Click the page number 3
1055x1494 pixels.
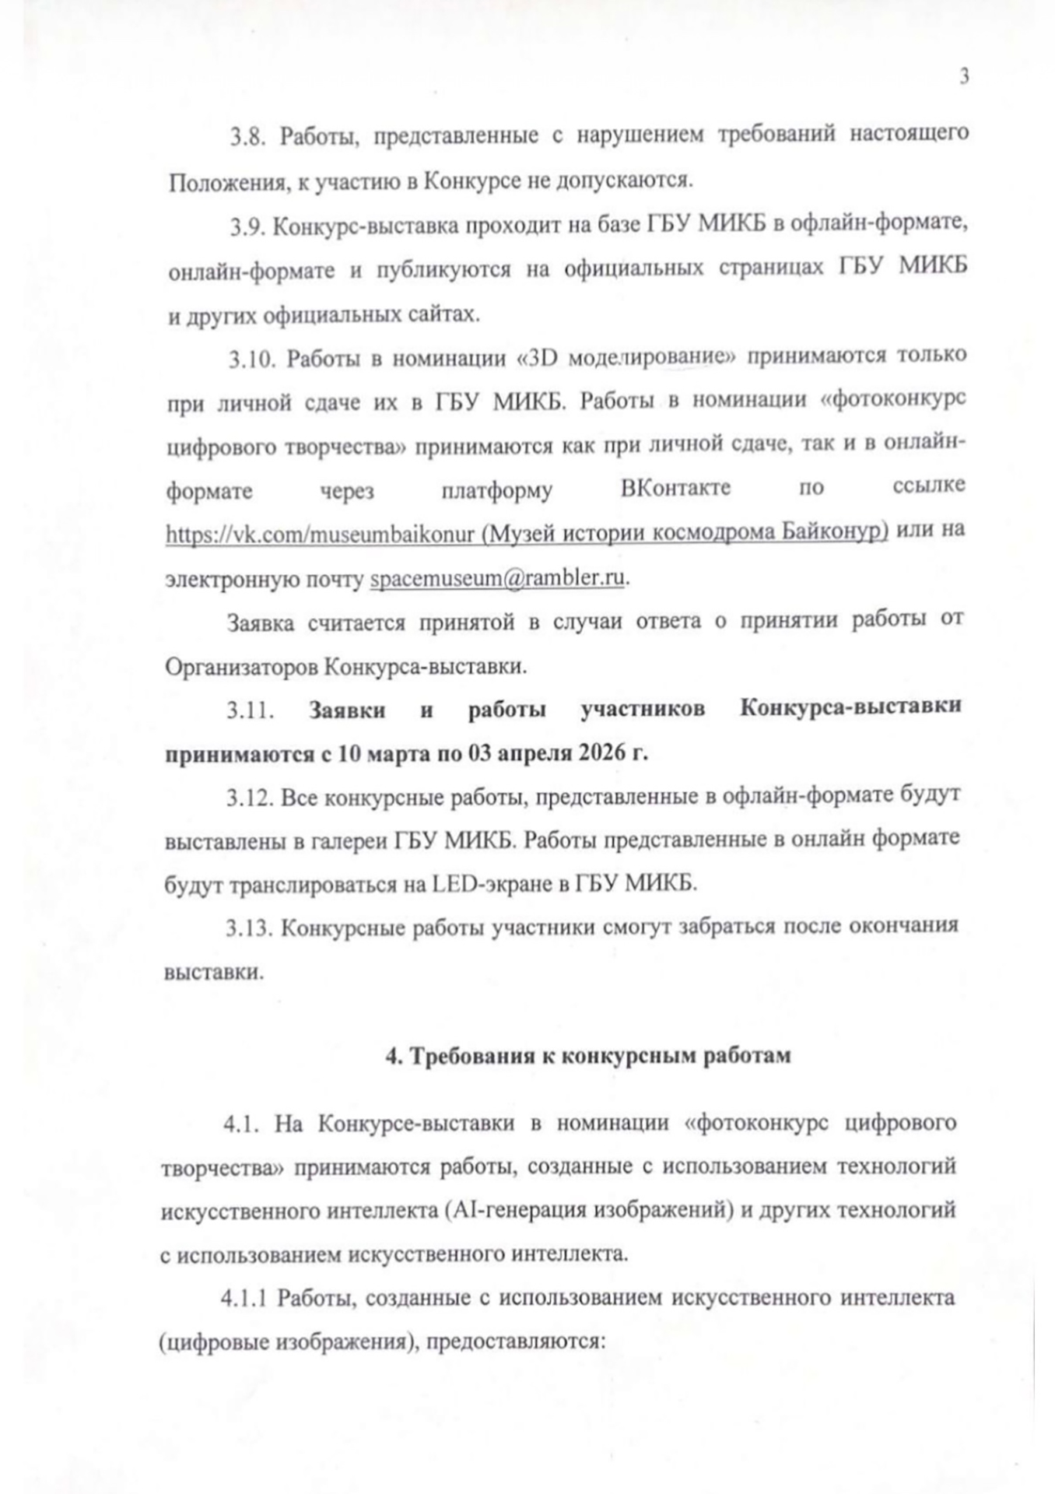coord(964,77)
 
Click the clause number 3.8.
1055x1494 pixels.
coord(247,135)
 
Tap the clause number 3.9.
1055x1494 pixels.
coord(247,226)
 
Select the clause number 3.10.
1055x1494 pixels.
coord(252,359)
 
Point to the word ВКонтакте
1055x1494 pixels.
coord(675,489)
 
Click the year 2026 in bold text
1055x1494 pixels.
coord(604,754)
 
